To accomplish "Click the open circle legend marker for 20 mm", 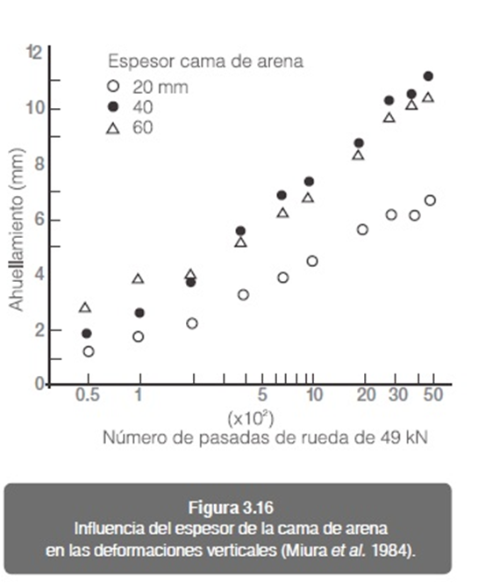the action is [x=113, y=87].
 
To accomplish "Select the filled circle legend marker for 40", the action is [x=113, y=107].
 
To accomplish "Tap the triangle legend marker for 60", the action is [x=113, y=128].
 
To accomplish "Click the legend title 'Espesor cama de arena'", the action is [x=205, y=61].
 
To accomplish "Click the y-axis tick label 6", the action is [x=39, y=220].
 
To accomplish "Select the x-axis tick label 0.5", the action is [x=87, y=394].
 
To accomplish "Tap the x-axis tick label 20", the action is [x=366, y=394].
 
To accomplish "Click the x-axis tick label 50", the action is [x=433, y=394].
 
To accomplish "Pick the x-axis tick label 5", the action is [x=262, y=394].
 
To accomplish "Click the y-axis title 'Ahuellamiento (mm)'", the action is [x=17, y=229].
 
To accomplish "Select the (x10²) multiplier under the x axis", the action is [x=251, y=419].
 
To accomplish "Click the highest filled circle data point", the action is [x=428, y=76].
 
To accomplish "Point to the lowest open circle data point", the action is [x=89, y=351].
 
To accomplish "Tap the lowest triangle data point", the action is [x=85, y=307].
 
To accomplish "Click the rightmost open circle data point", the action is [x=430, y=200].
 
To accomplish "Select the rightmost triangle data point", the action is [x=428, y=97].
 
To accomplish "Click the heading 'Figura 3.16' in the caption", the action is [x=231, y=508].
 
